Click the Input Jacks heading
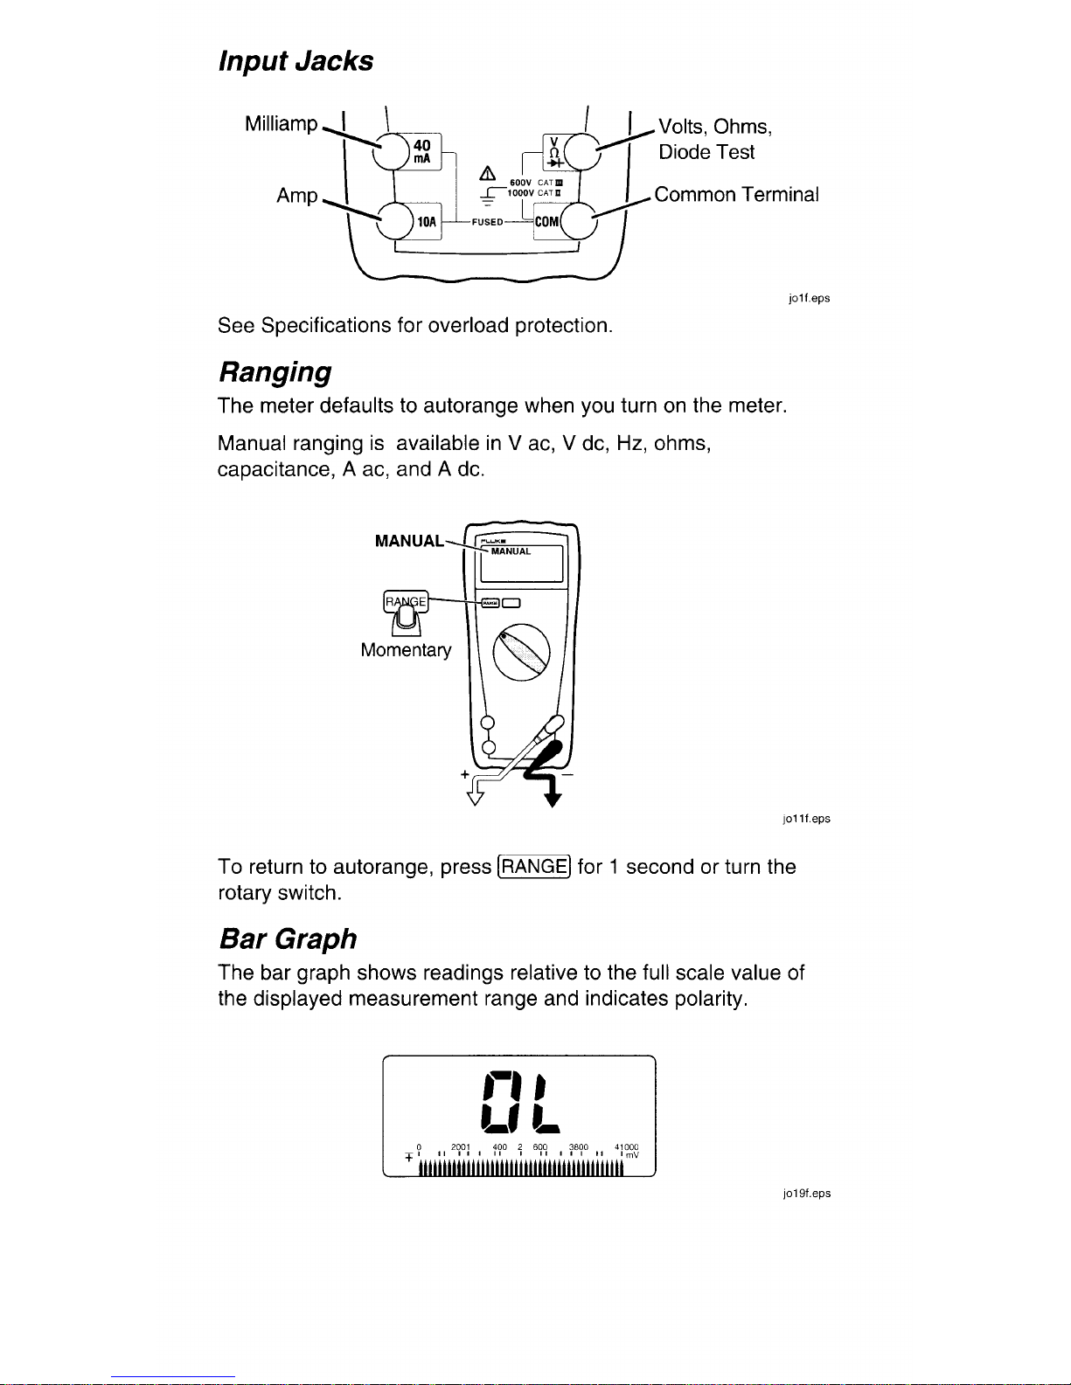click(x=295, y=61)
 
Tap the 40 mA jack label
click(x=422, y=152)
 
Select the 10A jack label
click(x=426, y=222)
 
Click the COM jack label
click(x=546, y=222)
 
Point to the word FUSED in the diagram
click(x=487, y=222)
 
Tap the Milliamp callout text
click(x=282, y=124)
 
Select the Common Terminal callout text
click(x=736, y=195)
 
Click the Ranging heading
click(x=274, y=372)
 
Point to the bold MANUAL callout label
click(x=408, y=541)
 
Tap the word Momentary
click(x=406, y=650)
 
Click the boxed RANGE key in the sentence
click(x=533, y=867)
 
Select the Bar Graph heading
click(x=287, y=938)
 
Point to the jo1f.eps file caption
click(x=809, y=298)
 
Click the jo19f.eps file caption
click(x=807, y=1194)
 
